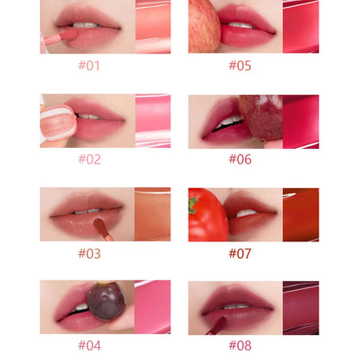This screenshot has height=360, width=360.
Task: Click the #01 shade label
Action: pos(89,65)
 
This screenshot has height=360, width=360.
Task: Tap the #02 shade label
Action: pos(89,158)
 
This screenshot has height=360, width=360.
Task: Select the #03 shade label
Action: pos(89,253)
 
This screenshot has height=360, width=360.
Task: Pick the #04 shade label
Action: pos(89,345)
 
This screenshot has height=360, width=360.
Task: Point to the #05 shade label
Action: pos(240,65)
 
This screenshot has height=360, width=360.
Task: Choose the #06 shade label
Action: pos(240,158)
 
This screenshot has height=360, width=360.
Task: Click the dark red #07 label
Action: pos(240,253)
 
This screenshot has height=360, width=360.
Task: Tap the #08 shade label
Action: pos(240,345)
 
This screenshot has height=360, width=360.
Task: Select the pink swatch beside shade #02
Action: pos(153,120)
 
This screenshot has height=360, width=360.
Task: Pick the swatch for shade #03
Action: pos(153,214)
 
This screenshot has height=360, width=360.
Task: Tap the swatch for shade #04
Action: pos(153,306)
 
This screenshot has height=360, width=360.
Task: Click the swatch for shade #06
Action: pos(301,120)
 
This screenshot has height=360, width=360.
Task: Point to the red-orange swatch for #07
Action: pos(301,214)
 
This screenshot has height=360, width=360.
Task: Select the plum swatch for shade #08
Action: pos(301,306)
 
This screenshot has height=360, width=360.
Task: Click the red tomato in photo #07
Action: pos(208,216)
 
